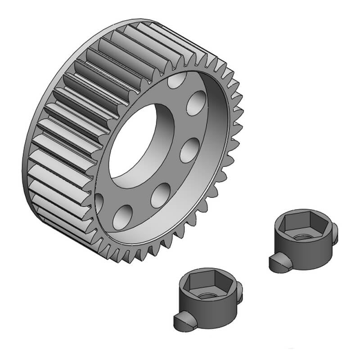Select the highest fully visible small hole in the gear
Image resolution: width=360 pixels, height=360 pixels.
tap(196, 103)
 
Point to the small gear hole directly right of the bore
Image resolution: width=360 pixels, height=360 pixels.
tap(189, 150)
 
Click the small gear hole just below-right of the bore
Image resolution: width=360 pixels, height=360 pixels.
tap(161, 195)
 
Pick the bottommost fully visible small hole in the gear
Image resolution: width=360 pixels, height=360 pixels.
tap(122, 217)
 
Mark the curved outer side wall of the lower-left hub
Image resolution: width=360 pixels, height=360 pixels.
tap(211, 315)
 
